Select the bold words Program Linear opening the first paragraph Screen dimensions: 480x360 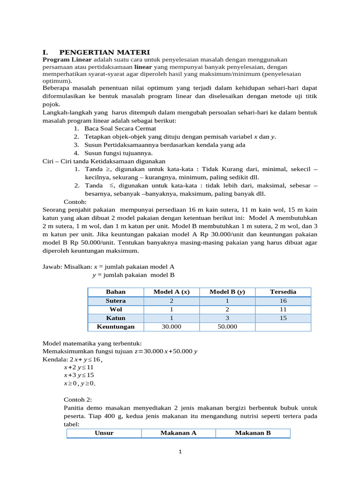[x=67, y=60]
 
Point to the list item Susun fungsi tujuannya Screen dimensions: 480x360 [x=118, y=153]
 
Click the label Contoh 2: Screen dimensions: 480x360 [x=78, y=400]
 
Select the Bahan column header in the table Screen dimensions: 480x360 [x=115, y=292]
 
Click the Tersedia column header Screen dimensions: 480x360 [x=283, y=292]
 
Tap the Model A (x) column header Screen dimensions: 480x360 [x=171, y=292]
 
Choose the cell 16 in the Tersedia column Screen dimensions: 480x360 [x=283, y=300]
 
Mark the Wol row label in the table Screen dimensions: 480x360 [x=115, y=309]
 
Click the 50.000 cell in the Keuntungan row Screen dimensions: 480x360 [x=227, y=327]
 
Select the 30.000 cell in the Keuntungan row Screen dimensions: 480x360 [x=171, y=327]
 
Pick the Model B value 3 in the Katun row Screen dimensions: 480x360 [x=227, y=318]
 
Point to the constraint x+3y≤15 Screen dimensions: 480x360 [x=79, y=375]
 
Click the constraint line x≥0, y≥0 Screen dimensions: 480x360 [x=80, y=383]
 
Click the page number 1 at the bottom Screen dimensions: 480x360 [x=180, y=452]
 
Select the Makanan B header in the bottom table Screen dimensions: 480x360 [x=253, y=433]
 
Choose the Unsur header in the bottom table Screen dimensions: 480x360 [x=104, y=433]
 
